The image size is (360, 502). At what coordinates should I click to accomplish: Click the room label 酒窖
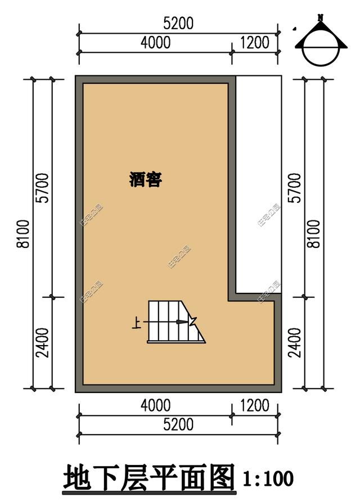[145, 180]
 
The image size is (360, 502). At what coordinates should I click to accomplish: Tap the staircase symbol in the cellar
[172, 322]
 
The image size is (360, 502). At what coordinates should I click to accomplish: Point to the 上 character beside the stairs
[136, 323]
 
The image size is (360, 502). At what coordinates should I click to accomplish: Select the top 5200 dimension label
[178, 24]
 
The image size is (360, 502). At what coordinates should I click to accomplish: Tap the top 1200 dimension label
[254, 43]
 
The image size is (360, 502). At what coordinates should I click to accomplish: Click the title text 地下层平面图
[148, 478]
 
